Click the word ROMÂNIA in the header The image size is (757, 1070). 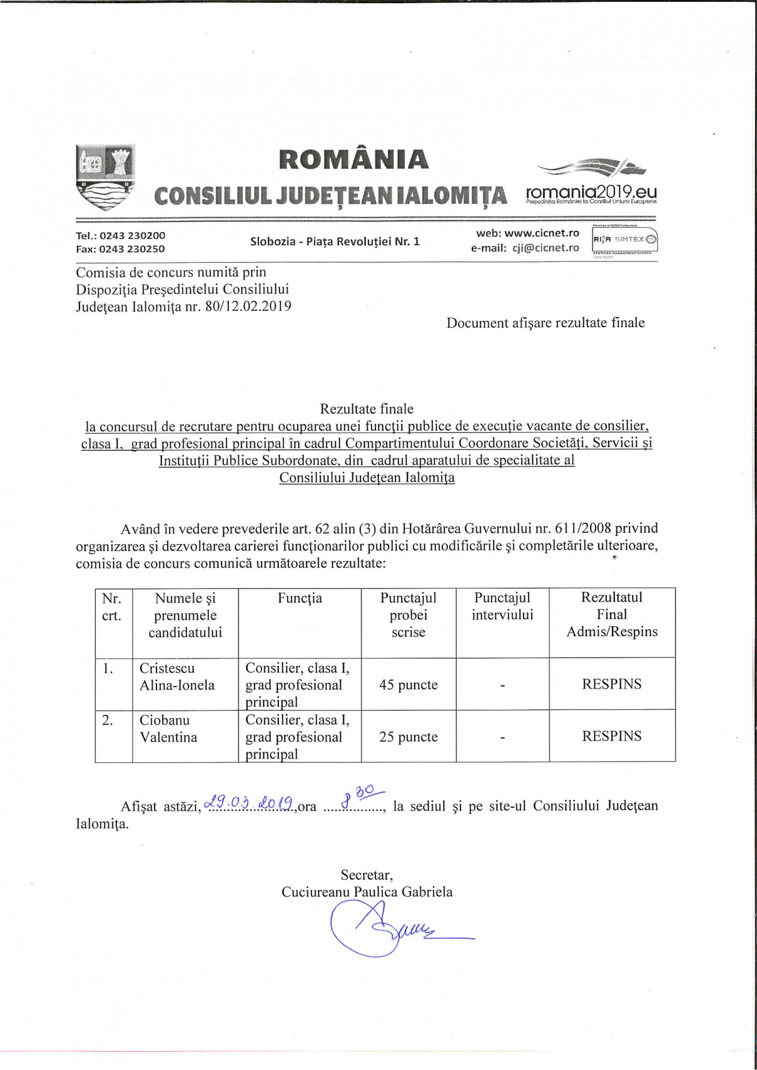tap(353, 160)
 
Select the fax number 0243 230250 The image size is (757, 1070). tap(132, 249)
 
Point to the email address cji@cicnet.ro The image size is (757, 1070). tap(545, 248)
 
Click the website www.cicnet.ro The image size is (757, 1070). tap(541, 233)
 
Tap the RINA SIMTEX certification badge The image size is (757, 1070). tap(625, 240)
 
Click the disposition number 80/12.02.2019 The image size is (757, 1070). tap(248, 306)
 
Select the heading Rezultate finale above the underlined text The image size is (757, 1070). tap(367, 409)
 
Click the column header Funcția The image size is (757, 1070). tap(300, 598)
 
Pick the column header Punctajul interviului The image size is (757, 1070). tap(502, 606)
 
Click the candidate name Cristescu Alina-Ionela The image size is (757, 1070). tap(177, 677)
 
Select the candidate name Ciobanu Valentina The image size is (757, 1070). tap(168, 728)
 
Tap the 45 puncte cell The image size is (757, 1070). tap(408, 685)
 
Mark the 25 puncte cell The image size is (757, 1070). tap(408, 736)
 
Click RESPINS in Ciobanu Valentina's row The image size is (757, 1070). tap(611, 736)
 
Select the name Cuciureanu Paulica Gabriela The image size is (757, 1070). tap(367, 892)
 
